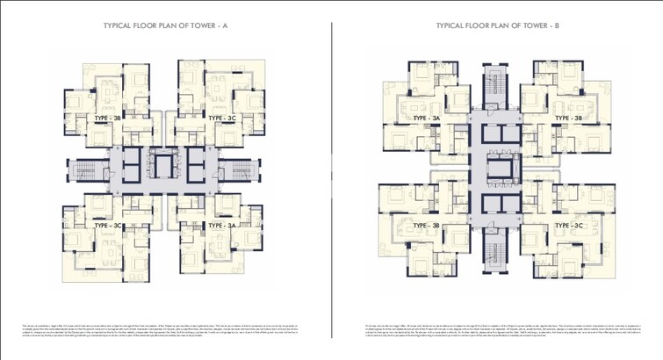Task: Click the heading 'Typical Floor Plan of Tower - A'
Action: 166,26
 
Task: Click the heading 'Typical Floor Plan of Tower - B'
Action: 497,26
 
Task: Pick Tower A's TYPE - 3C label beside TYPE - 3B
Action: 222,117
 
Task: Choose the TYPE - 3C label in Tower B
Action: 568,226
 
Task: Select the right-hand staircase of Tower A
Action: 247,170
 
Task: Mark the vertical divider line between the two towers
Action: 332,176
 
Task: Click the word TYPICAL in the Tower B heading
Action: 450,26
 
